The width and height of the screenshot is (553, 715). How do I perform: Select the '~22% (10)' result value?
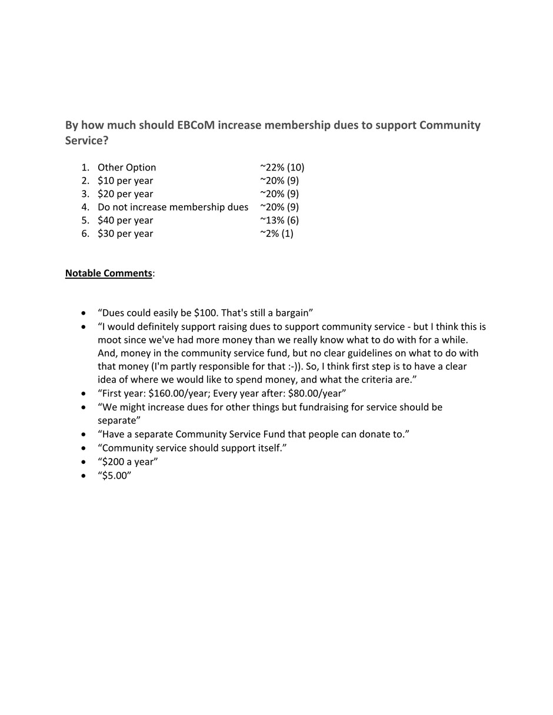(x=282, y=168)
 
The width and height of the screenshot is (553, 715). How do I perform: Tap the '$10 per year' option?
(x=125, y=181)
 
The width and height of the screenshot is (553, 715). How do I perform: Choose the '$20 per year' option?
(x=125, y=194)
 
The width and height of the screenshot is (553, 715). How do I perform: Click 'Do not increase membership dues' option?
(x=173, y=207)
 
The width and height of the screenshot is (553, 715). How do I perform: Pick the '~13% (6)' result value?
(x=279, y=220)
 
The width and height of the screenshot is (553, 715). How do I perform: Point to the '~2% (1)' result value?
(x=276, y=233)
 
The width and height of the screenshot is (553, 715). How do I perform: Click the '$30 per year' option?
(x=125, y=233)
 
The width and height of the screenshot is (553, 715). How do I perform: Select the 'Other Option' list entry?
(x=127, y=168)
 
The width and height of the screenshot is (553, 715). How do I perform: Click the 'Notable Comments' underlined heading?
(x=109, y=273)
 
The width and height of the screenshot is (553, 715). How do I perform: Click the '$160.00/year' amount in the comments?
(x=177, y=393)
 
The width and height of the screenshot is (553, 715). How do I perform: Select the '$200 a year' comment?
(x=128, y=462)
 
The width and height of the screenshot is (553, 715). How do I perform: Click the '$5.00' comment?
(x=115, y=476)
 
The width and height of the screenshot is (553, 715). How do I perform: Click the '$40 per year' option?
(x=125, y=220)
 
